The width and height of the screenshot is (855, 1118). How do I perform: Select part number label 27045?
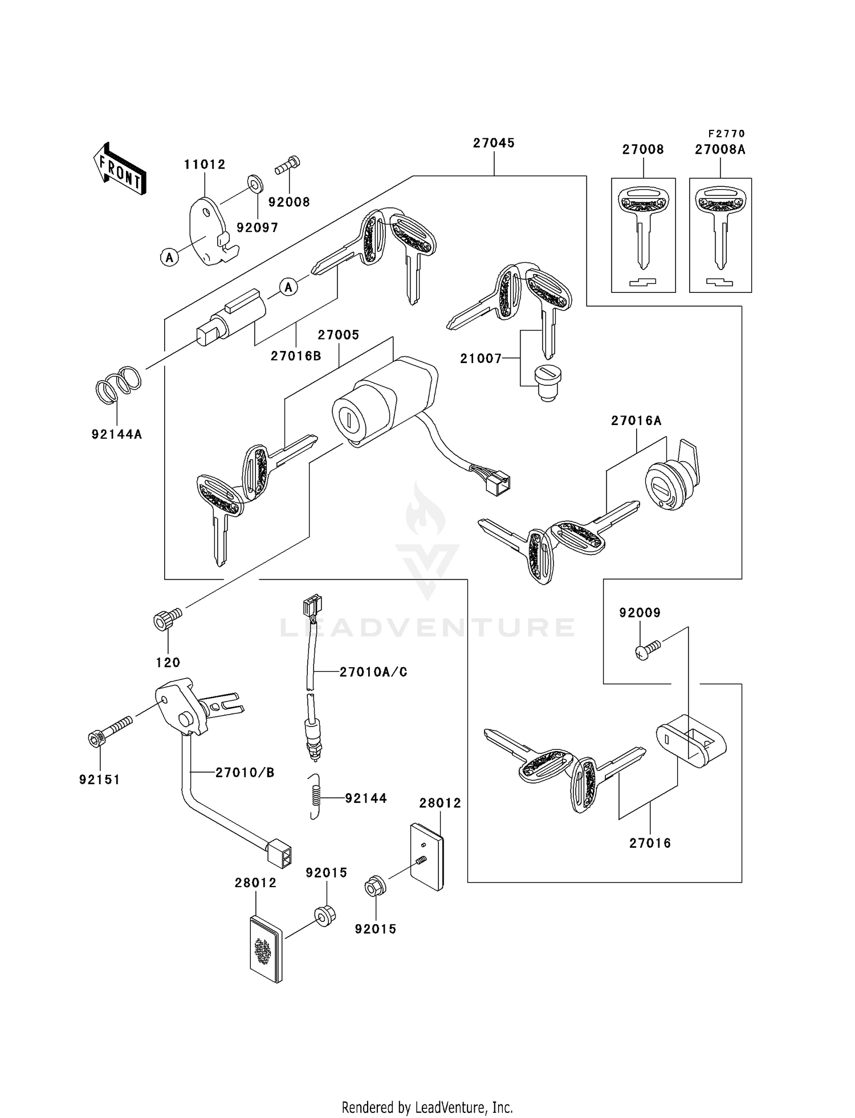click(494, 143)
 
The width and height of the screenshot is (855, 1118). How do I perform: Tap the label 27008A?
click(720, 150)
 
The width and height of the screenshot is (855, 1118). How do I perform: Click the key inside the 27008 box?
click(644, 228)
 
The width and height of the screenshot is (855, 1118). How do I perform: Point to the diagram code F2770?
click(727, 134)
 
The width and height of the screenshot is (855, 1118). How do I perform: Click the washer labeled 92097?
click(253, 183)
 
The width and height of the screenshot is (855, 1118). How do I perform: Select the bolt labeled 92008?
click(288, 166)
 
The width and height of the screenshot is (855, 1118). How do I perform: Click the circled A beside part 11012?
click(169, 258)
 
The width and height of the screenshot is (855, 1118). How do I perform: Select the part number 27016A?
click(636, 421)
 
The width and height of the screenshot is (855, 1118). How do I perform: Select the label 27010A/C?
click(373, 672)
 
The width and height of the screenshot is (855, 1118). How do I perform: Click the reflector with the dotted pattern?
click(266, 949)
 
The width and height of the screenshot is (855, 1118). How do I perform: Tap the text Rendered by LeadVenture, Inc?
click(427, 1107)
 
